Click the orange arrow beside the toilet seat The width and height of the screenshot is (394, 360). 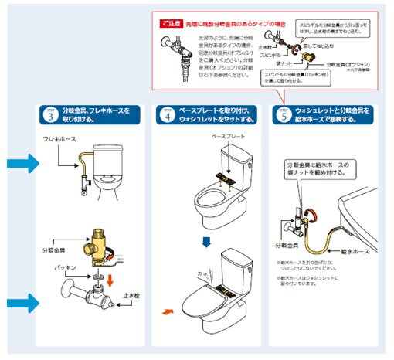pyautogui.click(x=168, y=312)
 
